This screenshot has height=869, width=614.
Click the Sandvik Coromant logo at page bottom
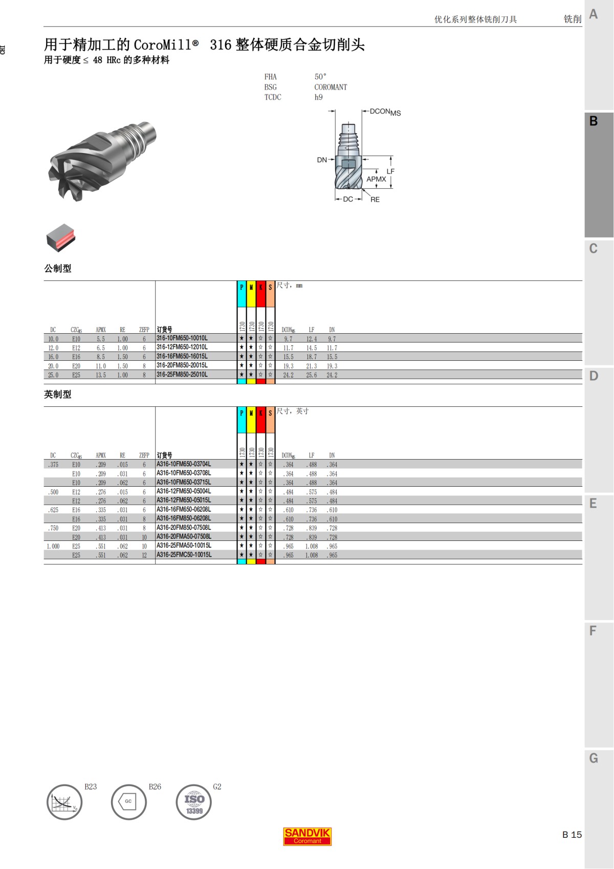(x=307, y=836)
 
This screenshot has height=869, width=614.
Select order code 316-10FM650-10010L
(x=182, y=338)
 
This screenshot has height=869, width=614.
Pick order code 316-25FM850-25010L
(x=182, y=375)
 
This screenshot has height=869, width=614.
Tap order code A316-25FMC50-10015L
(x=184, y=555)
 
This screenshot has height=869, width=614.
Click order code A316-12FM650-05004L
(x=184, y=491)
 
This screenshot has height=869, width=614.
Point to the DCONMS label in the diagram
(x=385, y=112)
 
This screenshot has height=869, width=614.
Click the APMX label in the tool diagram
(x=376, y=179)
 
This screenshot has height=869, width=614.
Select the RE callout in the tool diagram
(x=375, y=200)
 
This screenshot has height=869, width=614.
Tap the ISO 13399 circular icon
(x=194, y=802)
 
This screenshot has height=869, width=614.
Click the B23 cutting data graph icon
(x=64, y=802)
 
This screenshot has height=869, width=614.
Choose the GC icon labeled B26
(x=128, y=802)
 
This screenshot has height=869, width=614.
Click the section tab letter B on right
(x=594, y=122)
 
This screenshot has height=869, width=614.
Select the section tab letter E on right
(x=594, y=504)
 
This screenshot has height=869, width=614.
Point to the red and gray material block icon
(x=61, y=237)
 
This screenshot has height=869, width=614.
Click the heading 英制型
(x=58, y=395)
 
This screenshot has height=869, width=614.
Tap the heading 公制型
(x=58, y=269)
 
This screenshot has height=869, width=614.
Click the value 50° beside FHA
(x=320, y=77)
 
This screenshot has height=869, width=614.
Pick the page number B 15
(x=572, y=835)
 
